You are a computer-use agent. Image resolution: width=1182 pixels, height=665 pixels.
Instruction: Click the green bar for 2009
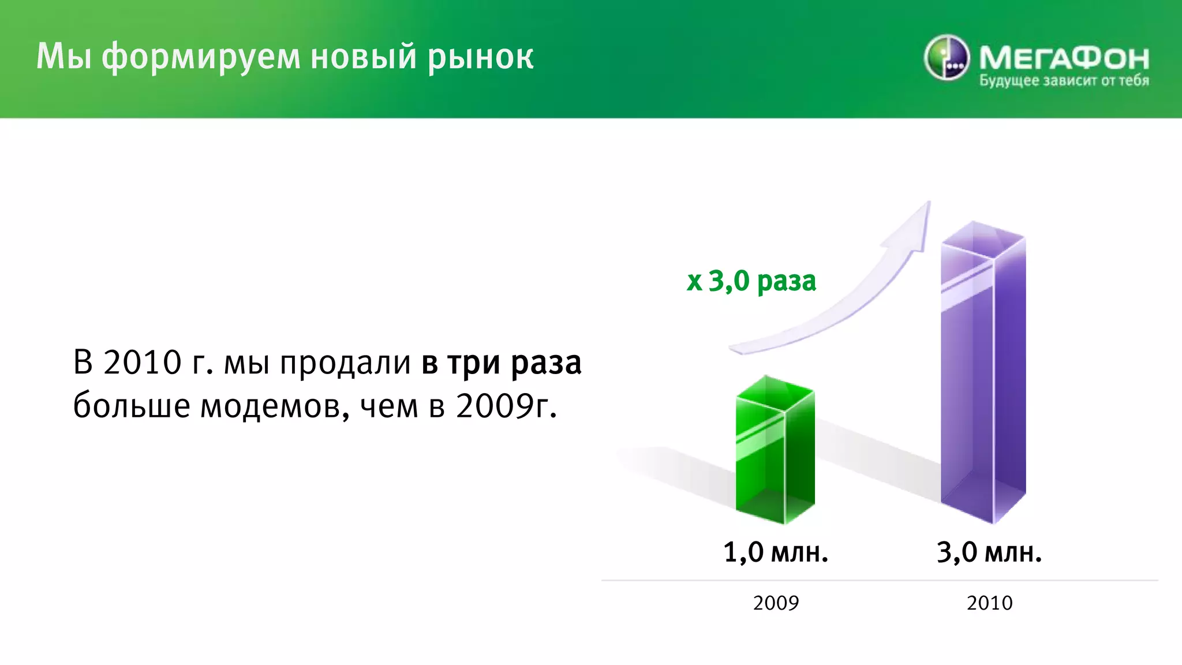[775, 450]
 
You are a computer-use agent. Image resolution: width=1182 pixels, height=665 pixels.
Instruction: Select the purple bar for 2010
[983, 375]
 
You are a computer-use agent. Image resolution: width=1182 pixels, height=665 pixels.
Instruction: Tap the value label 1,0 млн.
[775, 552]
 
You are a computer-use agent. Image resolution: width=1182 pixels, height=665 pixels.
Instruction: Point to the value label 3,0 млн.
[989, 552]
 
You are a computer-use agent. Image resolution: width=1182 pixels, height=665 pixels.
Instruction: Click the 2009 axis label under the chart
[776, 603]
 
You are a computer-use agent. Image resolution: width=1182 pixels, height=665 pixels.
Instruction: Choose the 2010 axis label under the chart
[989, 603]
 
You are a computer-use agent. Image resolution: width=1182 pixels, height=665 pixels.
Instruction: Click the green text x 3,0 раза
[751, 282]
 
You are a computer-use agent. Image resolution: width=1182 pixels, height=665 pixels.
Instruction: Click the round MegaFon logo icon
[946, 58]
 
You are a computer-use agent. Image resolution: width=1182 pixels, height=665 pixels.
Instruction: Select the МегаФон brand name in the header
[1064, 58]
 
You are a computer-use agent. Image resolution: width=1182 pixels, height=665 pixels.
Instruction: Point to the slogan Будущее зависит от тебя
[1064, 81]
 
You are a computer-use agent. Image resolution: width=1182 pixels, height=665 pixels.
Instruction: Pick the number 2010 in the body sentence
[142, 363]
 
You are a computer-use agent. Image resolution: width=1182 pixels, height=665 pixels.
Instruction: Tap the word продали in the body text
[345, 363]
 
